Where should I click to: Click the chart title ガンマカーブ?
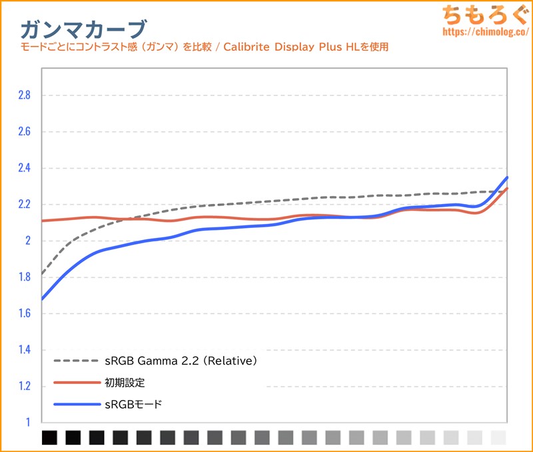83,28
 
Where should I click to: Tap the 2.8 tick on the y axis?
24,95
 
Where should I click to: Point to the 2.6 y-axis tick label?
24,131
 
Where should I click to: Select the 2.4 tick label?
24,168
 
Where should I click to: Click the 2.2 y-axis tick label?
24,204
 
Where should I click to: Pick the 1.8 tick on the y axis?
24,277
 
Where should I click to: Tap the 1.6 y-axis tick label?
24,313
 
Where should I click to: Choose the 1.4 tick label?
24,349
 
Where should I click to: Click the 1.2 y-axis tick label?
24,386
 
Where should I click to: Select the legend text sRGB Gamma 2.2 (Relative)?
181,361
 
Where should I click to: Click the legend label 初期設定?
125,383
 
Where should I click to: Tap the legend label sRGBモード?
133,404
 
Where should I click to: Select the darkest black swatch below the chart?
49,437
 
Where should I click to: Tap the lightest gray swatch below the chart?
498,437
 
